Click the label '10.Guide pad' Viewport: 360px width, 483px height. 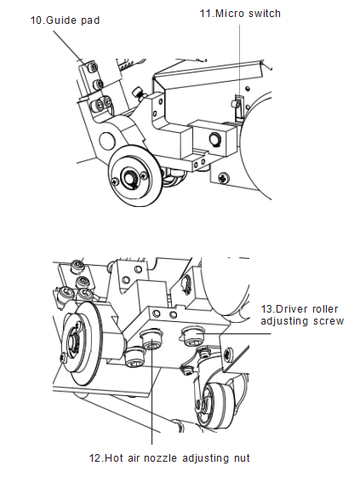pyautogui.click(x=65, y=20)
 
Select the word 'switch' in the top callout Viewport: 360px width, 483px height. pyautogui.click(x=265, y=14)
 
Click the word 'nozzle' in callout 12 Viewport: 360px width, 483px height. pyautogui.click(x=161, y=457)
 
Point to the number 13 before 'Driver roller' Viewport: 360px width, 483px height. pyautogui.click(x=266, y=309)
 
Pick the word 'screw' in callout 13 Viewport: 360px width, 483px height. pyautogui.click(x=329, y=321)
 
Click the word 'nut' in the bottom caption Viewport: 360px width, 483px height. pyautogui.click(x=241, y=457)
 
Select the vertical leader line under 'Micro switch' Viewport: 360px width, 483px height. pyautogui.click(x=240, y=60)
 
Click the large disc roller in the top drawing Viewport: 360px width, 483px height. pyautogui.click(x=134, y=175)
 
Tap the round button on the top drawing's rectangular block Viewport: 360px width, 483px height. pyautogui.click(x=214, y=139)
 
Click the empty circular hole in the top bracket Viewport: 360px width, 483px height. pyautogui.click(x=107, y=141)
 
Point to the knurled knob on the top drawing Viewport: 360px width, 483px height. pyautogui.click(x=138, y=93)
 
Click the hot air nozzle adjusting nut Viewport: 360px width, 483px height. pyautogui.click(x=151, y=342)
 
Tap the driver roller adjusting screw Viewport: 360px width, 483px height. pyautogui.click(x=192, y=336)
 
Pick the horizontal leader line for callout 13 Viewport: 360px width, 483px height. pyautogui.click(x=236, y=333)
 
